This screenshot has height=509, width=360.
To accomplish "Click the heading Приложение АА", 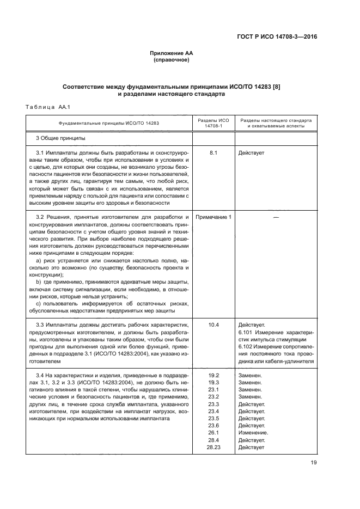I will click(x=172, y=53).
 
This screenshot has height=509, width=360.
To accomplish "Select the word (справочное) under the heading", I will click(x=172, y=60).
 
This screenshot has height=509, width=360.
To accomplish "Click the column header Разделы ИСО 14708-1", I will click(x=213, y=123).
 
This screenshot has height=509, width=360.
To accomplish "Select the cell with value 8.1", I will click(x=213, y=153).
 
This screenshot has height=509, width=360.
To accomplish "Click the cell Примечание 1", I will click(x=213, y=217).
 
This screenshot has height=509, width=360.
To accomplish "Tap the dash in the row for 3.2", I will click(x=276, y=217).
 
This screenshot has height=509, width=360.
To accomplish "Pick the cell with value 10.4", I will click(x=213, y=324).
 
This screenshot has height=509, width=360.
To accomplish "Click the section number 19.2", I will click(x=213, y=376).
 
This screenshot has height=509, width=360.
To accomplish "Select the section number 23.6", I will click(x=213, y=425).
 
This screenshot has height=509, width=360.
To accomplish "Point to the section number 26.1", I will click(x=213, y=432).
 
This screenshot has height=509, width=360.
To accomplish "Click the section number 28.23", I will click(x=213, y=447).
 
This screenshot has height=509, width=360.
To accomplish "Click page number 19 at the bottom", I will click(x=314, y=463).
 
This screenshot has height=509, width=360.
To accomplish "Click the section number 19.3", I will click(x=213, y=383).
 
